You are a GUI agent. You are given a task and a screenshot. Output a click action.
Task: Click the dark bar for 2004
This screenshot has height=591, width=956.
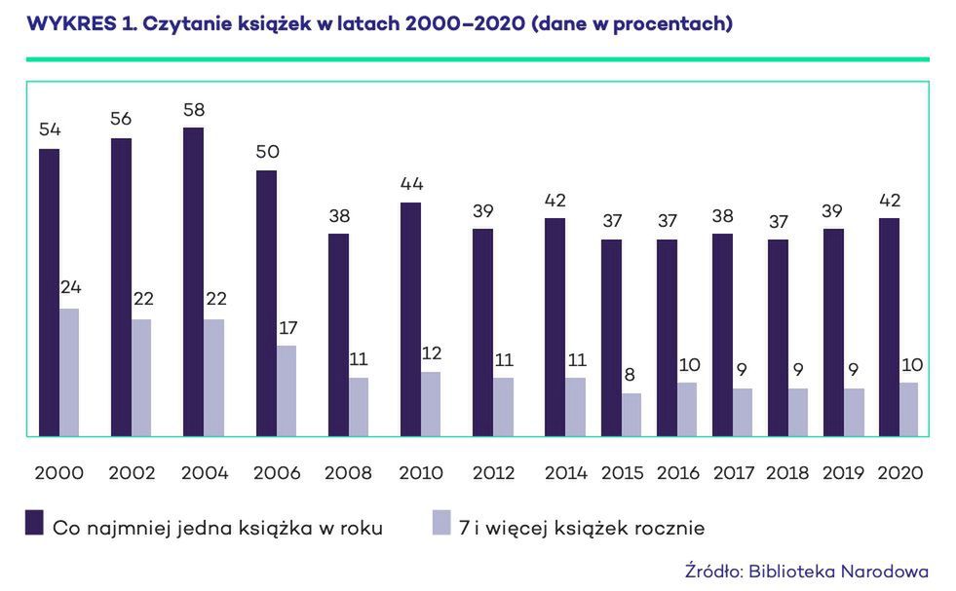(193, 281)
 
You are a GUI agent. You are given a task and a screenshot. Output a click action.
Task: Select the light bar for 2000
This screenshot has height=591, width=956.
(69, 372)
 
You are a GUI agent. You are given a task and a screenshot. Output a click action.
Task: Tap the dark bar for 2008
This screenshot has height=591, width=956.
(338, 335)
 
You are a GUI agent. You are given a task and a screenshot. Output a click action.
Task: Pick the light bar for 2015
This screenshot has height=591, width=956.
(631, 415)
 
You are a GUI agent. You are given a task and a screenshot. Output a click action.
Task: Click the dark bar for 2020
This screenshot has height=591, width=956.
(889, 327)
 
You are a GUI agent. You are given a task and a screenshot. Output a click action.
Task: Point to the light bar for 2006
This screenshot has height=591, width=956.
(287, 390)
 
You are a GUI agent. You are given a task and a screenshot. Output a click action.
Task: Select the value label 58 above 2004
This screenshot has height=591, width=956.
(193, 109)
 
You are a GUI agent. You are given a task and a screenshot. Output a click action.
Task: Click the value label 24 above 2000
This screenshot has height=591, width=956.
(69, 289)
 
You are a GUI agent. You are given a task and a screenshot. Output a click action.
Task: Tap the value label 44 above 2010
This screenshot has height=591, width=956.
(410, 184)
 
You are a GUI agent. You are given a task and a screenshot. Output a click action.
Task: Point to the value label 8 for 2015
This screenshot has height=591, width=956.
(631, 375)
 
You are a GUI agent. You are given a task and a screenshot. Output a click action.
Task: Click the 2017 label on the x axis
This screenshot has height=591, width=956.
(734, 473)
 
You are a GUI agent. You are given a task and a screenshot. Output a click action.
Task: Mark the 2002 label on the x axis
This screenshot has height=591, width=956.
(132, 473)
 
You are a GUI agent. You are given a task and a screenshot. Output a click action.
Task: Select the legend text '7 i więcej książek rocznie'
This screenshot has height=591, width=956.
(583, 528)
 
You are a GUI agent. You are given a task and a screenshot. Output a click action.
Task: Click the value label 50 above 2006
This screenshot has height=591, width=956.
(266, 152)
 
